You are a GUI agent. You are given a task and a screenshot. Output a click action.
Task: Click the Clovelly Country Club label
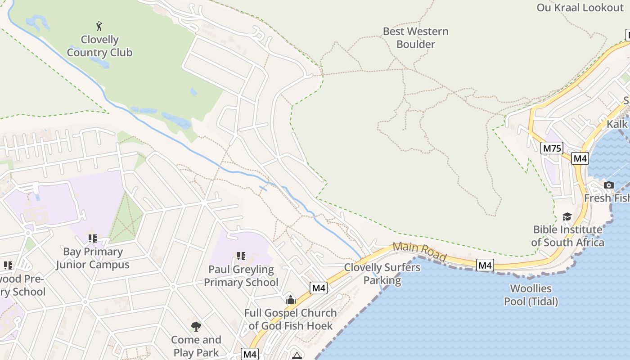pos(99,46)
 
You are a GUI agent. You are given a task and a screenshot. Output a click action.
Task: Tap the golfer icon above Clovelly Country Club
pos(99,26)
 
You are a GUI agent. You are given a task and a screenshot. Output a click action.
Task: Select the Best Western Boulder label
pos(415,38)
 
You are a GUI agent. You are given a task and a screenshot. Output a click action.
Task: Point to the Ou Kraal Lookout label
pos(580,8)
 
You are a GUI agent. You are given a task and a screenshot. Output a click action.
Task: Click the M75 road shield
pos(552,148)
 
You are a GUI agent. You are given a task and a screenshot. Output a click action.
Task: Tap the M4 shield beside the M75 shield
pos(580,158)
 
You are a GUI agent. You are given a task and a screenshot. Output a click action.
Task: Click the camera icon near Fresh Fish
pos(609,185)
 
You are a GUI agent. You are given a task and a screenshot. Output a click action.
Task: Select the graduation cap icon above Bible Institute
pos(567,217)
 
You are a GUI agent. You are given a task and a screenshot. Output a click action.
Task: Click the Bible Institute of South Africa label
pos(567,236)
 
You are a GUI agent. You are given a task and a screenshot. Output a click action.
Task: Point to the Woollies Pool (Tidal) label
pos(531,295)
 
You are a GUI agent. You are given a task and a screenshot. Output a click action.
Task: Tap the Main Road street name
pos(420,252)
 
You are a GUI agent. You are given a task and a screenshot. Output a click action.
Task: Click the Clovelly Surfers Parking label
pos(382,274)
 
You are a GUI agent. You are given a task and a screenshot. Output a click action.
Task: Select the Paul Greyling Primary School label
pos(241,276)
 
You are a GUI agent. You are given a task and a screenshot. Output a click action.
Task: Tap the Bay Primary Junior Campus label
pos(93,258)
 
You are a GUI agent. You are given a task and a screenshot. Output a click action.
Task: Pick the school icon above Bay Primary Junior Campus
pos(93,238)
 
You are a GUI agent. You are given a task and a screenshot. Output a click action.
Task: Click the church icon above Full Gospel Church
pos(290,300)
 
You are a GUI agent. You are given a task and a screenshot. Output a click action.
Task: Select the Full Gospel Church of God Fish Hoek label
pos(290,319)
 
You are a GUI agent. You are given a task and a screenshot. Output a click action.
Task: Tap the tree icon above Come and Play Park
pos(196,326)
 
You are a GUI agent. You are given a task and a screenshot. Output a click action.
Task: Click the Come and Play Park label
pos(196,346)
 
